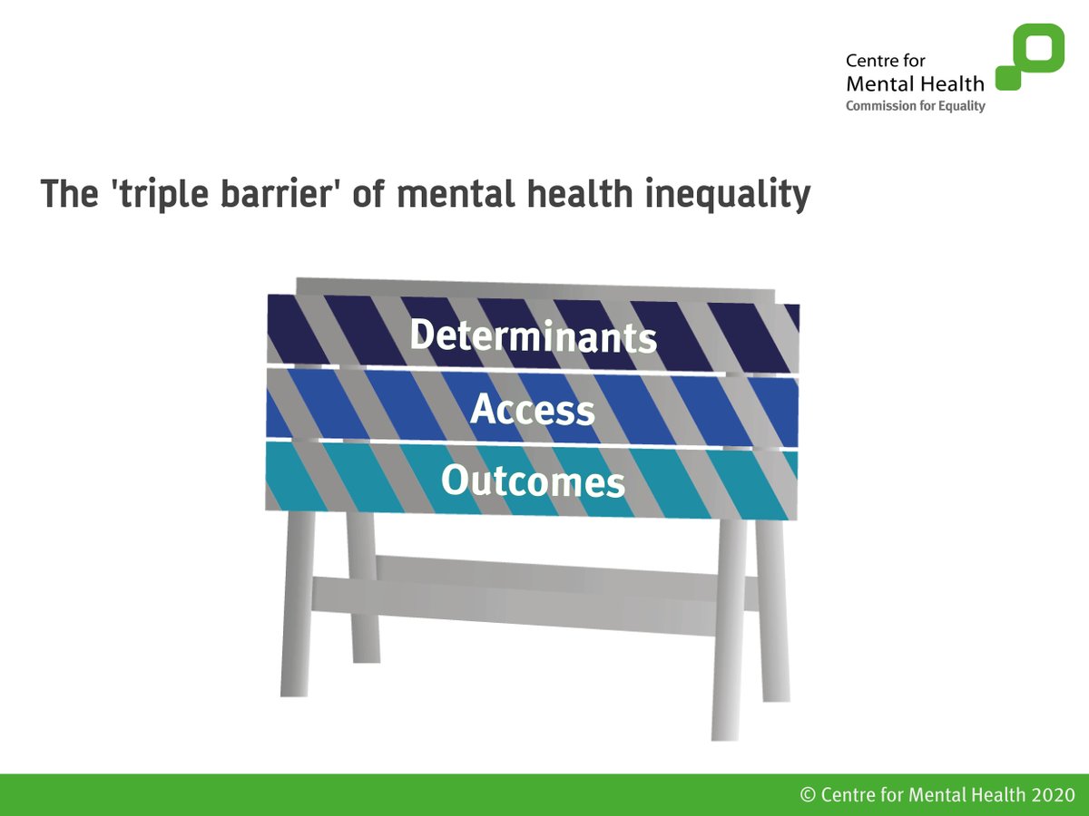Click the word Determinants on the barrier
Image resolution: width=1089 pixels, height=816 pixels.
pos(533,335)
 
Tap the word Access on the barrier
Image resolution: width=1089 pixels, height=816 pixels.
pos(533,410)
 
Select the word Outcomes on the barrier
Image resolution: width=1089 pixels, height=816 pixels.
pos(533,481)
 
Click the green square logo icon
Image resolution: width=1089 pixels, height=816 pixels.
pos(1030,56)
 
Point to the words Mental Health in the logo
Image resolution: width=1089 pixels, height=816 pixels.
pos(914,84)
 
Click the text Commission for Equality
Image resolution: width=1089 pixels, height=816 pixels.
pos(915,106)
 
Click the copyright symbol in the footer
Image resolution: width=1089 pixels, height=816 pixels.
pos(808,795)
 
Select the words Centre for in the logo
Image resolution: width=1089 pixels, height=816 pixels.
pos(884,62)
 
